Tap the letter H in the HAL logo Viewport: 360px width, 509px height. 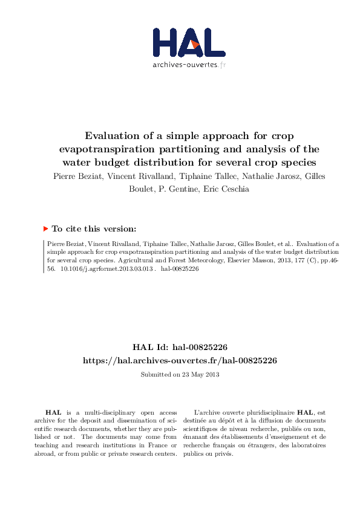click(165, 42)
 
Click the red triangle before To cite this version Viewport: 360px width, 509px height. click(45, 229)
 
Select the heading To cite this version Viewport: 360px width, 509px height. click(94, 229)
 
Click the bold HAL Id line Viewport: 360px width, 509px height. click(180, 347)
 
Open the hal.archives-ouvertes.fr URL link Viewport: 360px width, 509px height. click(180, 360)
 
